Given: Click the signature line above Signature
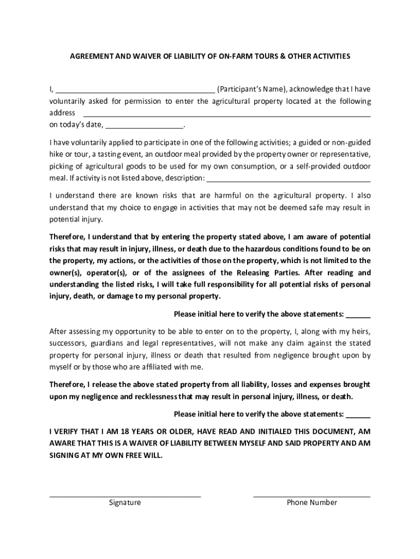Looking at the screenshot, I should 125,495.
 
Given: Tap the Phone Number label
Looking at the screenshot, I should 312,503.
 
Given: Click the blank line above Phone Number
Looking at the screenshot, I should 312,495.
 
